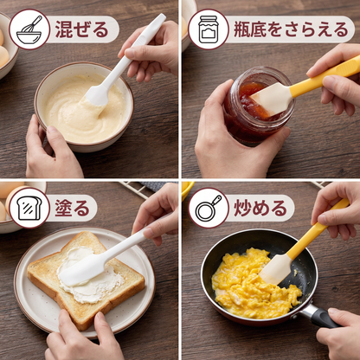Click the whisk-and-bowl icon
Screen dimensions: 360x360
29,29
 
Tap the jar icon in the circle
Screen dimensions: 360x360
209,29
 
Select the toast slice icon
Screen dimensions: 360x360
29,208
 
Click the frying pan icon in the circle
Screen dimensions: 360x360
209,208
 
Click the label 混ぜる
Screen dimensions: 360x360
82,29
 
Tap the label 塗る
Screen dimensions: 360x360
72,208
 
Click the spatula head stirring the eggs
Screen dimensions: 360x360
275,269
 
